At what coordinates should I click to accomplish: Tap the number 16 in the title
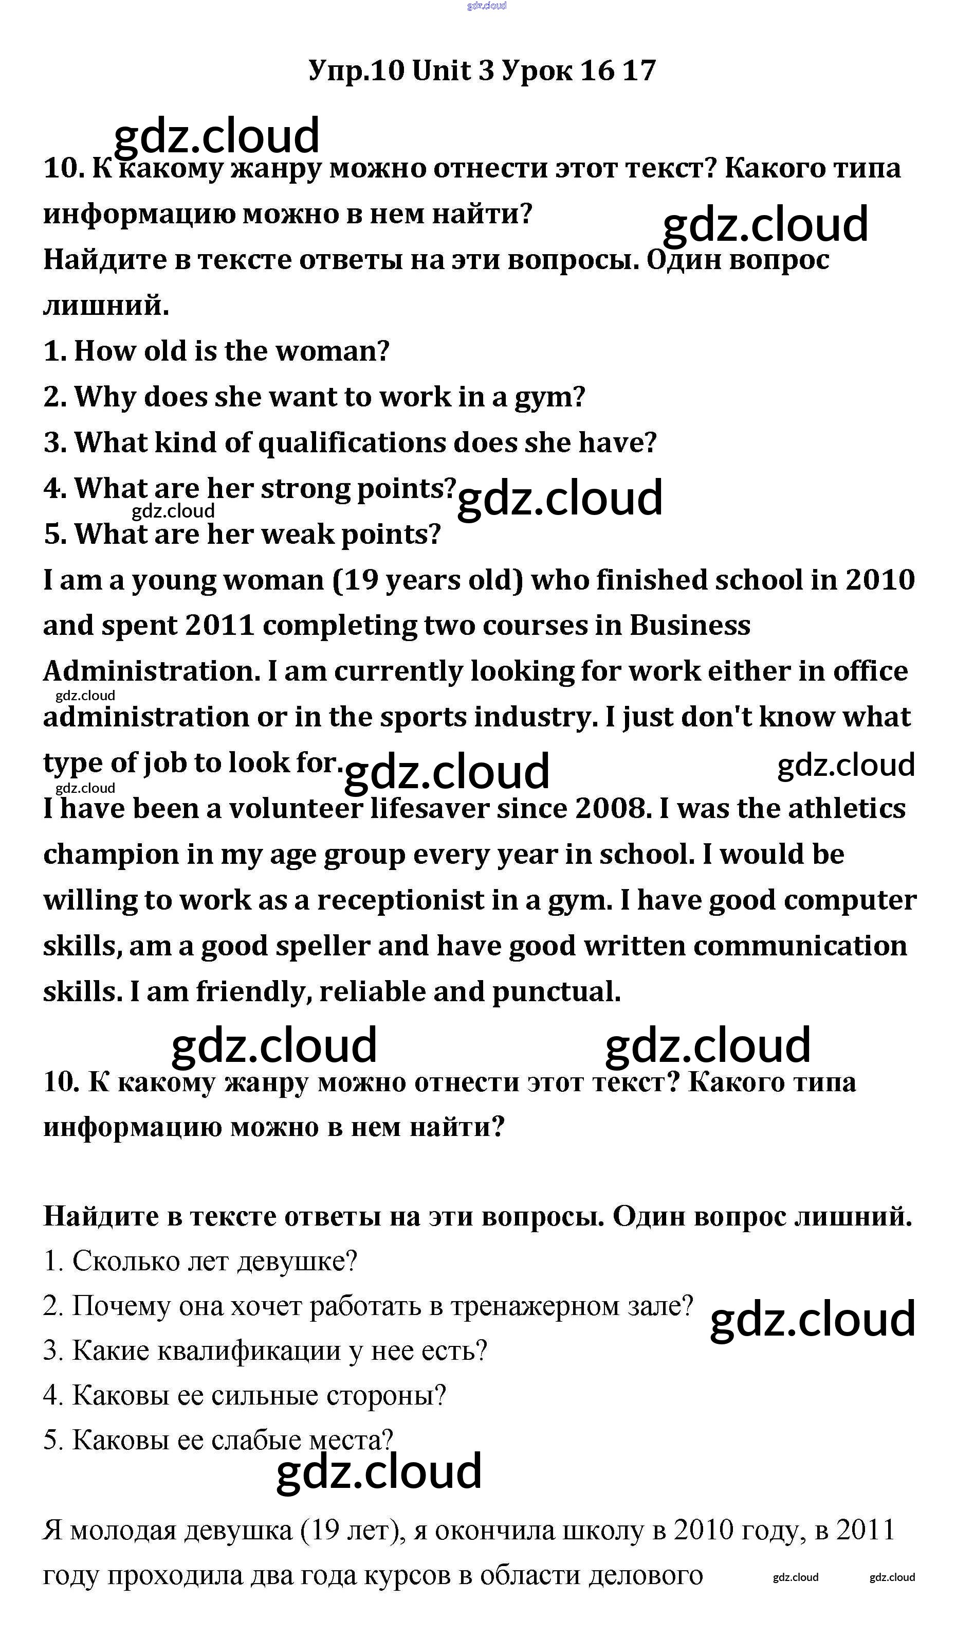pyautogui.click(x=598, y=70)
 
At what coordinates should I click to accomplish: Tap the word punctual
pyautogui.click(x=556, y=992)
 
